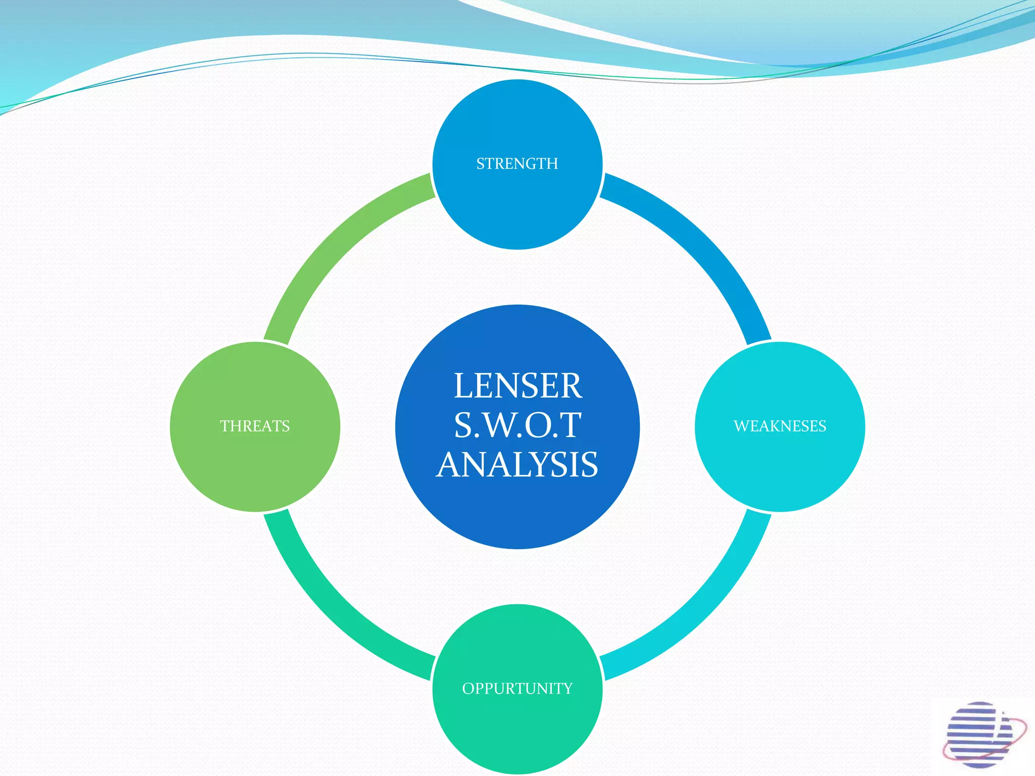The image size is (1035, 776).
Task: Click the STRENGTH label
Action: (517, 164)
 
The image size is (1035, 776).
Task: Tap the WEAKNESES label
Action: (780, 426)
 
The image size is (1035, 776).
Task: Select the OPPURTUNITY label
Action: (517, 688)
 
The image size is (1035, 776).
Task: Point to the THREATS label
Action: (255, 426)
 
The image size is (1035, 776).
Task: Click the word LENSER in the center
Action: (517, 386)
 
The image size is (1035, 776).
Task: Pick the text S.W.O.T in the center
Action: (517, 425)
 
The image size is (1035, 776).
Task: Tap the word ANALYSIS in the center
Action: (517, 464)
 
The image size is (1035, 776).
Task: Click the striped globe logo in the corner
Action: (978, 735)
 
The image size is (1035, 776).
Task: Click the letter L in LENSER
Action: (464, 386)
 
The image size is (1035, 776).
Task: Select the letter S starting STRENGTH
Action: (481, 164)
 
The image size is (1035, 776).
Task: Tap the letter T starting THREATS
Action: (224, 426)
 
